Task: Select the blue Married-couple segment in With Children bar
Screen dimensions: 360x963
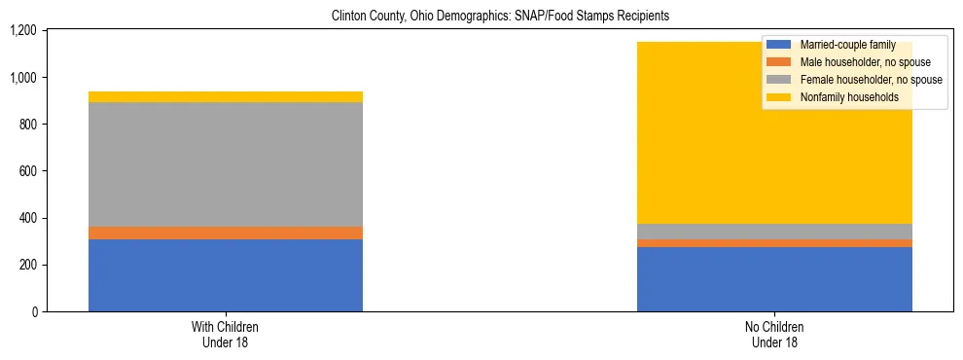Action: pyautogui.click(x=225, y=275)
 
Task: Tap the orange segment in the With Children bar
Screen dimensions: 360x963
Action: pyautogui.click(x=225, y=234)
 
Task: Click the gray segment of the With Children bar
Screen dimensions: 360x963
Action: pyautogui.click(x=225, y=164)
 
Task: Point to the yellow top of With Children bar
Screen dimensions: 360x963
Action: pyautogui.click(x=225, y=96)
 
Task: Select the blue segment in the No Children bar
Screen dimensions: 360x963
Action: pyautogui.click(x=774, y=279)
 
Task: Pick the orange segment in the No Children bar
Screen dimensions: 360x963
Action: pyautogui.click(x=774, y=243)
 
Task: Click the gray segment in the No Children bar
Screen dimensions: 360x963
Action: pyautogui.click(x=774, y=232)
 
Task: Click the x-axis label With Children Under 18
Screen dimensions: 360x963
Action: pyautogui.click(x=225, y=334)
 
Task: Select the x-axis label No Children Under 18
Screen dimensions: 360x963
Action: pyautogui.click(x=774, y=334)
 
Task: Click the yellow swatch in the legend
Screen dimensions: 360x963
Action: pyautogui.click(x=779, y=97)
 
